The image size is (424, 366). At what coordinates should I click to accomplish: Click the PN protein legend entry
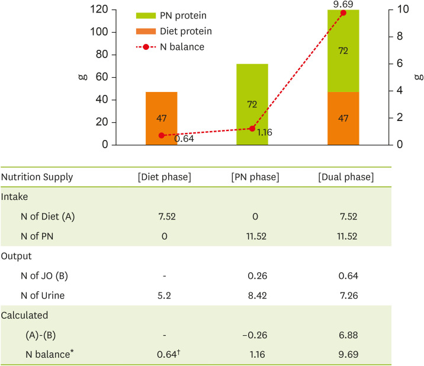(x=172, y=14)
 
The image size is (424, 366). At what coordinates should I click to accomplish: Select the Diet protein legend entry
(x=172, y=30)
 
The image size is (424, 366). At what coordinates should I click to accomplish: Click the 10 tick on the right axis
(x=402, y=10)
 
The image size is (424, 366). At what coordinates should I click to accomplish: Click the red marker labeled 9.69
(x=343, y=13)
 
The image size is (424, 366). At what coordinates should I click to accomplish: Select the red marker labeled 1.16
(x=252, y=128)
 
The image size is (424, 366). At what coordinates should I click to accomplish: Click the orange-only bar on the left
(x=161, y=119)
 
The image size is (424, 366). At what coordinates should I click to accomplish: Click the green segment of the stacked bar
(x=343, y=51)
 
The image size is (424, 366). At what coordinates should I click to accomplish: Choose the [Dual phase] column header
(x=345, y=177)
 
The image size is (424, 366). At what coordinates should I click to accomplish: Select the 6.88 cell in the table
(x=345, y=335)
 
